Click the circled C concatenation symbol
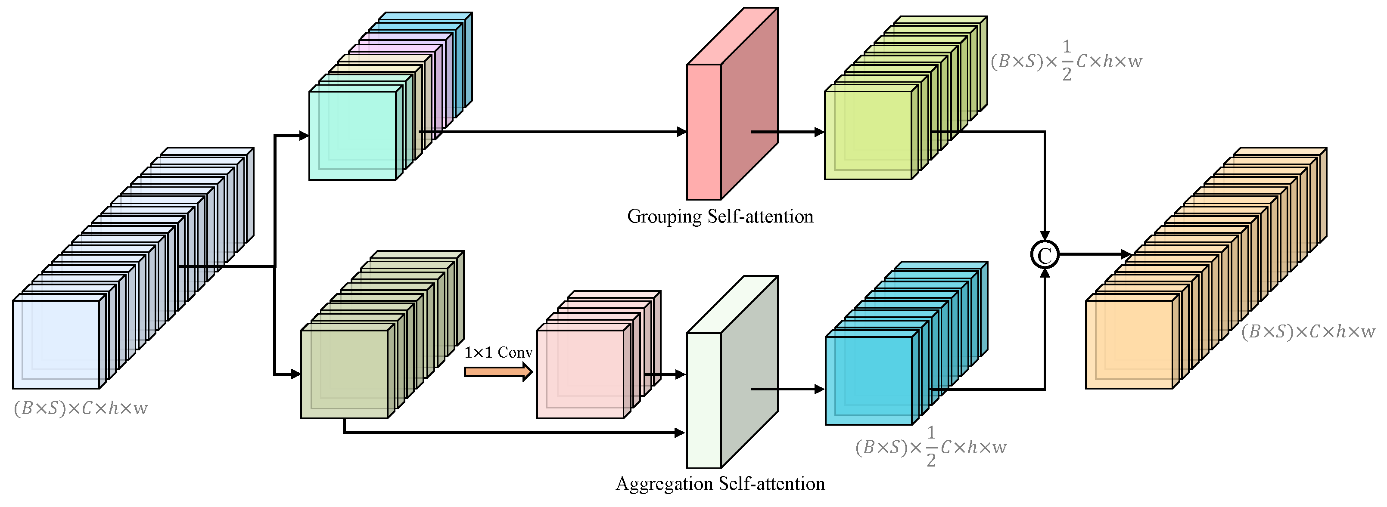click(1045, 255)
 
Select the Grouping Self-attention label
click(720, 216)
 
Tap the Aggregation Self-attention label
click(720, 483)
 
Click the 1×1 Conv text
click(498, 352)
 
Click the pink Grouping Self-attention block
click(704, 132)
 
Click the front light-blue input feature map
click(56, 344)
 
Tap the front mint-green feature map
click(352, 136)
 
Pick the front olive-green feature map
click(344, 374)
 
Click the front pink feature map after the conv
click(581, 374)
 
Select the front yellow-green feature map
click(868, 135)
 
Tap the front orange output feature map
click(1129, 344)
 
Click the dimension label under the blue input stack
click(81, 408)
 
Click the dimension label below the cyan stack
click(931, 447)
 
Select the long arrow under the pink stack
click(512, 432)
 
